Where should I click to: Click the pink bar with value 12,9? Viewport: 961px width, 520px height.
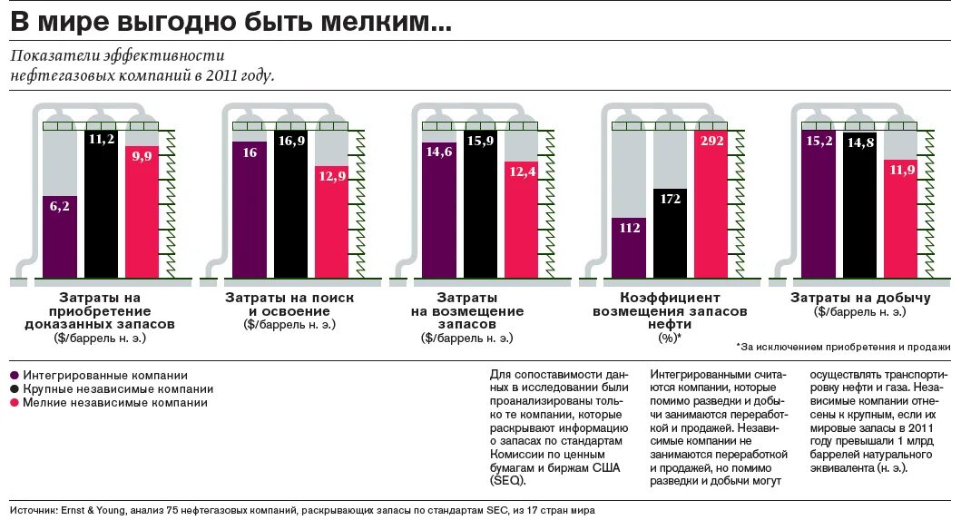(331, 222)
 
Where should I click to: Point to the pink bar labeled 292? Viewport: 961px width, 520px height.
(711, 204)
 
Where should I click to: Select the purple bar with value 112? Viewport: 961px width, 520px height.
(629, 247)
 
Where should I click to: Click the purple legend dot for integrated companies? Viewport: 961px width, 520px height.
(15, 375)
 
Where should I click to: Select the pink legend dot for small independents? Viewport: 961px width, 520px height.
(15, 402)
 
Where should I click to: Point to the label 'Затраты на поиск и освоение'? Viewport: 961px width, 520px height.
(289, 304)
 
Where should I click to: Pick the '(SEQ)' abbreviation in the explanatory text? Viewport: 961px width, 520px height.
(505, 481)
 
